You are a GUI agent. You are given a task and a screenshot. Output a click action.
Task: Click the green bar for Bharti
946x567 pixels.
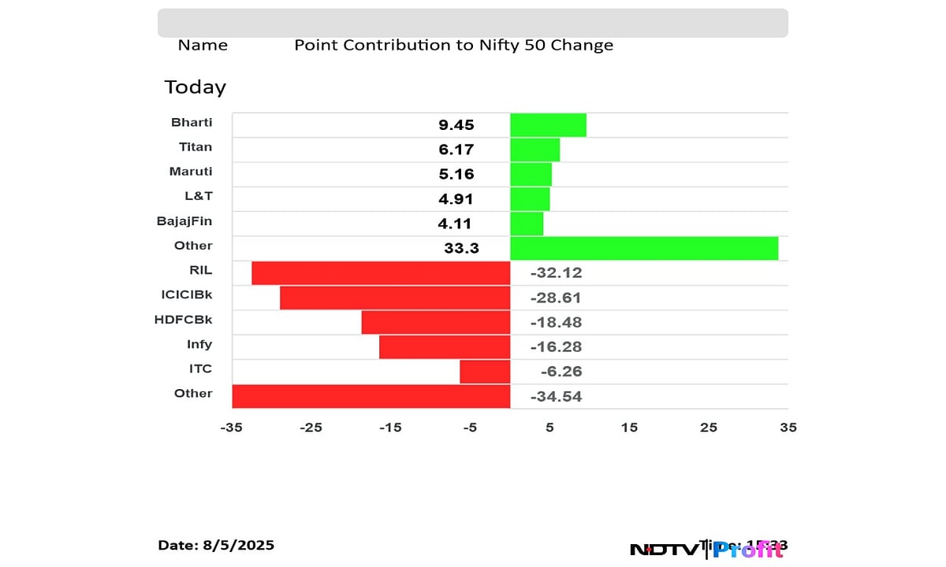548,125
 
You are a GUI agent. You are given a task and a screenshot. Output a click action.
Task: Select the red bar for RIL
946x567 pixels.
381,273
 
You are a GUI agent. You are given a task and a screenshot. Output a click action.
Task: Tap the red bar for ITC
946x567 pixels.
485,372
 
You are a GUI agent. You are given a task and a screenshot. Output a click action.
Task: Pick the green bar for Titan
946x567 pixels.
534,150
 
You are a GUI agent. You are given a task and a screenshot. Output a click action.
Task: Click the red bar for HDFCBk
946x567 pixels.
435,322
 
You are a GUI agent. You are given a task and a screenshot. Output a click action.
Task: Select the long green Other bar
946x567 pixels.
644,248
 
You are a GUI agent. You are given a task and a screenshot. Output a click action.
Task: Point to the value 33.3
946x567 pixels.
461,249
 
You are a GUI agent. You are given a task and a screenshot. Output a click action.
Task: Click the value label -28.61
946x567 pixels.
556,298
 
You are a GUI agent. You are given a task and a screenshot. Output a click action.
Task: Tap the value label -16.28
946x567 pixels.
556,347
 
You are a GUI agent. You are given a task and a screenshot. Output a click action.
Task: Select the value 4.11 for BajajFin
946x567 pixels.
455,224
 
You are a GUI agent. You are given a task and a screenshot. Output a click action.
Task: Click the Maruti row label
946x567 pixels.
191,172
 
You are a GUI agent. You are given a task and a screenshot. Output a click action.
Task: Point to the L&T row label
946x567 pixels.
197,196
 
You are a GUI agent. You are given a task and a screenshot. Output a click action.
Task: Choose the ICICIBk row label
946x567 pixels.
186,295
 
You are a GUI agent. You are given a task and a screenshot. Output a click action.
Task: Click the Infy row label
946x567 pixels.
199,344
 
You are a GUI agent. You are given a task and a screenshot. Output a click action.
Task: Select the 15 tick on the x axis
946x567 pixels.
629,428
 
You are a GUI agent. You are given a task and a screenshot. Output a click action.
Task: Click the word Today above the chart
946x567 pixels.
195,87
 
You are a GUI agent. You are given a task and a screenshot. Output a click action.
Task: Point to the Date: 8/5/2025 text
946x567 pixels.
216,545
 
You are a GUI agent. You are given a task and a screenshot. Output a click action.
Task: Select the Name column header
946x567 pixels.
203,46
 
